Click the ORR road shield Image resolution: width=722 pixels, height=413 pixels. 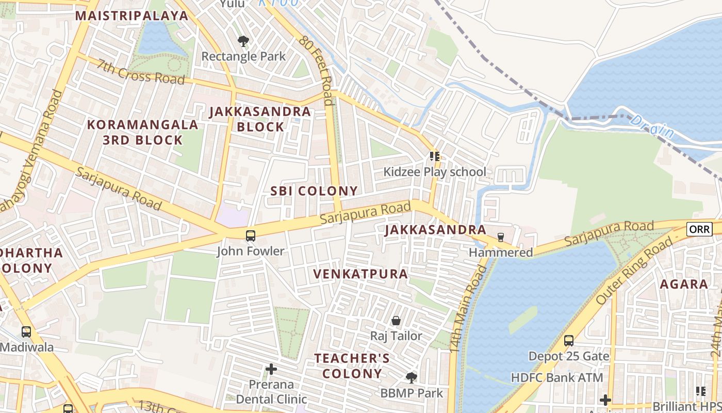pos(699,229)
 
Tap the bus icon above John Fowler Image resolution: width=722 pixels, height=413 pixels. pos(250,236)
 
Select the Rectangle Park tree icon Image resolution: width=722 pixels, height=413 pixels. pos(242,41)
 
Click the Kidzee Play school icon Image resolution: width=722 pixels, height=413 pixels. pos(434,156)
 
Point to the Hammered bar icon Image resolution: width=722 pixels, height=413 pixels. pos(500,237)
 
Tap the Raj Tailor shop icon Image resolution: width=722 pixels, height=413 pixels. pos(396,321)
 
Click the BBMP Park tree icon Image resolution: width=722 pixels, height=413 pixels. pos(411,378)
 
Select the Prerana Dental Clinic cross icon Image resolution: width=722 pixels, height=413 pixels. pos(271,369)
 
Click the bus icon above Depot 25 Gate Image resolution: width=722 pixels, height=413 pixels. pos(569,341)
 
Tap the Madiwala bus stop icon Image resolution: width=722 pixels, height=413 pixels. pos(26,332)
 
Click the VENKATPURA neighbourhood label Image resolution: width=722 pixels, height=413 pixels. pos(360,274)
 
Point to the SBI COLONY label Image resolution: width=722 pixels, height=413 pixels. pos(314,191)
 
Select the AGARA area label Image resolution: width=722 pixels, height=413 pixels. pos(684,284)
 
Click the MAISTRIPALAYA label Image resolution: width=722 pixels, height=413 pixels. pos(132,15)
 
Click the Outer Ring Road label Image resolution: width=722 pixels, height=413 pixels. pos(635,271)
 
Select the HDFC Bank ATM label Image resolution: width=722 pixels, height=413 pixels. pos(556,378)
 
